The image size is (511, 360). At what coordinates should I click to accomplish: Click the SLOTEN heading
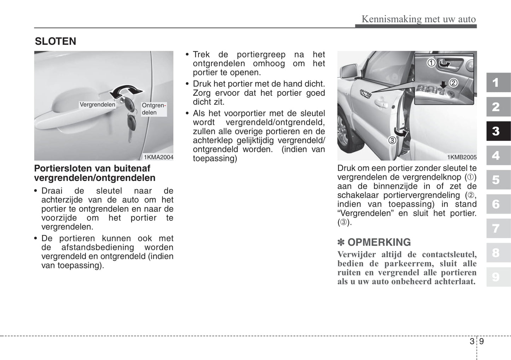56,41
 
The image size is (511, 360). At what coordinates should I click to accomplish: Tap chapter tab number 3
496,131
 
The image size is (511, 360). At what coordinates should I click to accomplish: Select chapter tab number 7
496,229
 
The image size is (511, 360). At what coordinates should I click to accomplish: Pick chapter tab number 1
496,83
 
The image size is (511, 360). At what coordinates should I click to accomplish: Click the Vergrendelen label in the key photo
97,105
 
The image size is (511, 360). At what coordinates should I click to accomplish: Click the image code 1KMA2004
158,157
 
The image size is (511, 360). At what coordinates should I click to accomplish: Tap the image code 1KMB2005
462,157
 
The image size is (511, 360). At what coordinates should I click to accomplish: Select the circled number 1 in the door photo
431,63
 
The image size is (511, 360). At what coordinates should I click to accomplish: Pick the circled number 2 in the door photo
453,83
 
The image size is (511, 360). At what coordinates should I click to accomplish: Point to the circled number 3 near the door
392,140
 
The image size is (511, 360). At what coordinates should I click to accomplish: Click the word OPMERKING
379,242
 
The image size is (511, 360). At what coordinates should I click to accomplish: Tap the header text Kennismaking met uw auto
419,19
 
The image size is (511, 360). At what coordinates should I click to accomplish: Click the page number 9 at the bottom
482,341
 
